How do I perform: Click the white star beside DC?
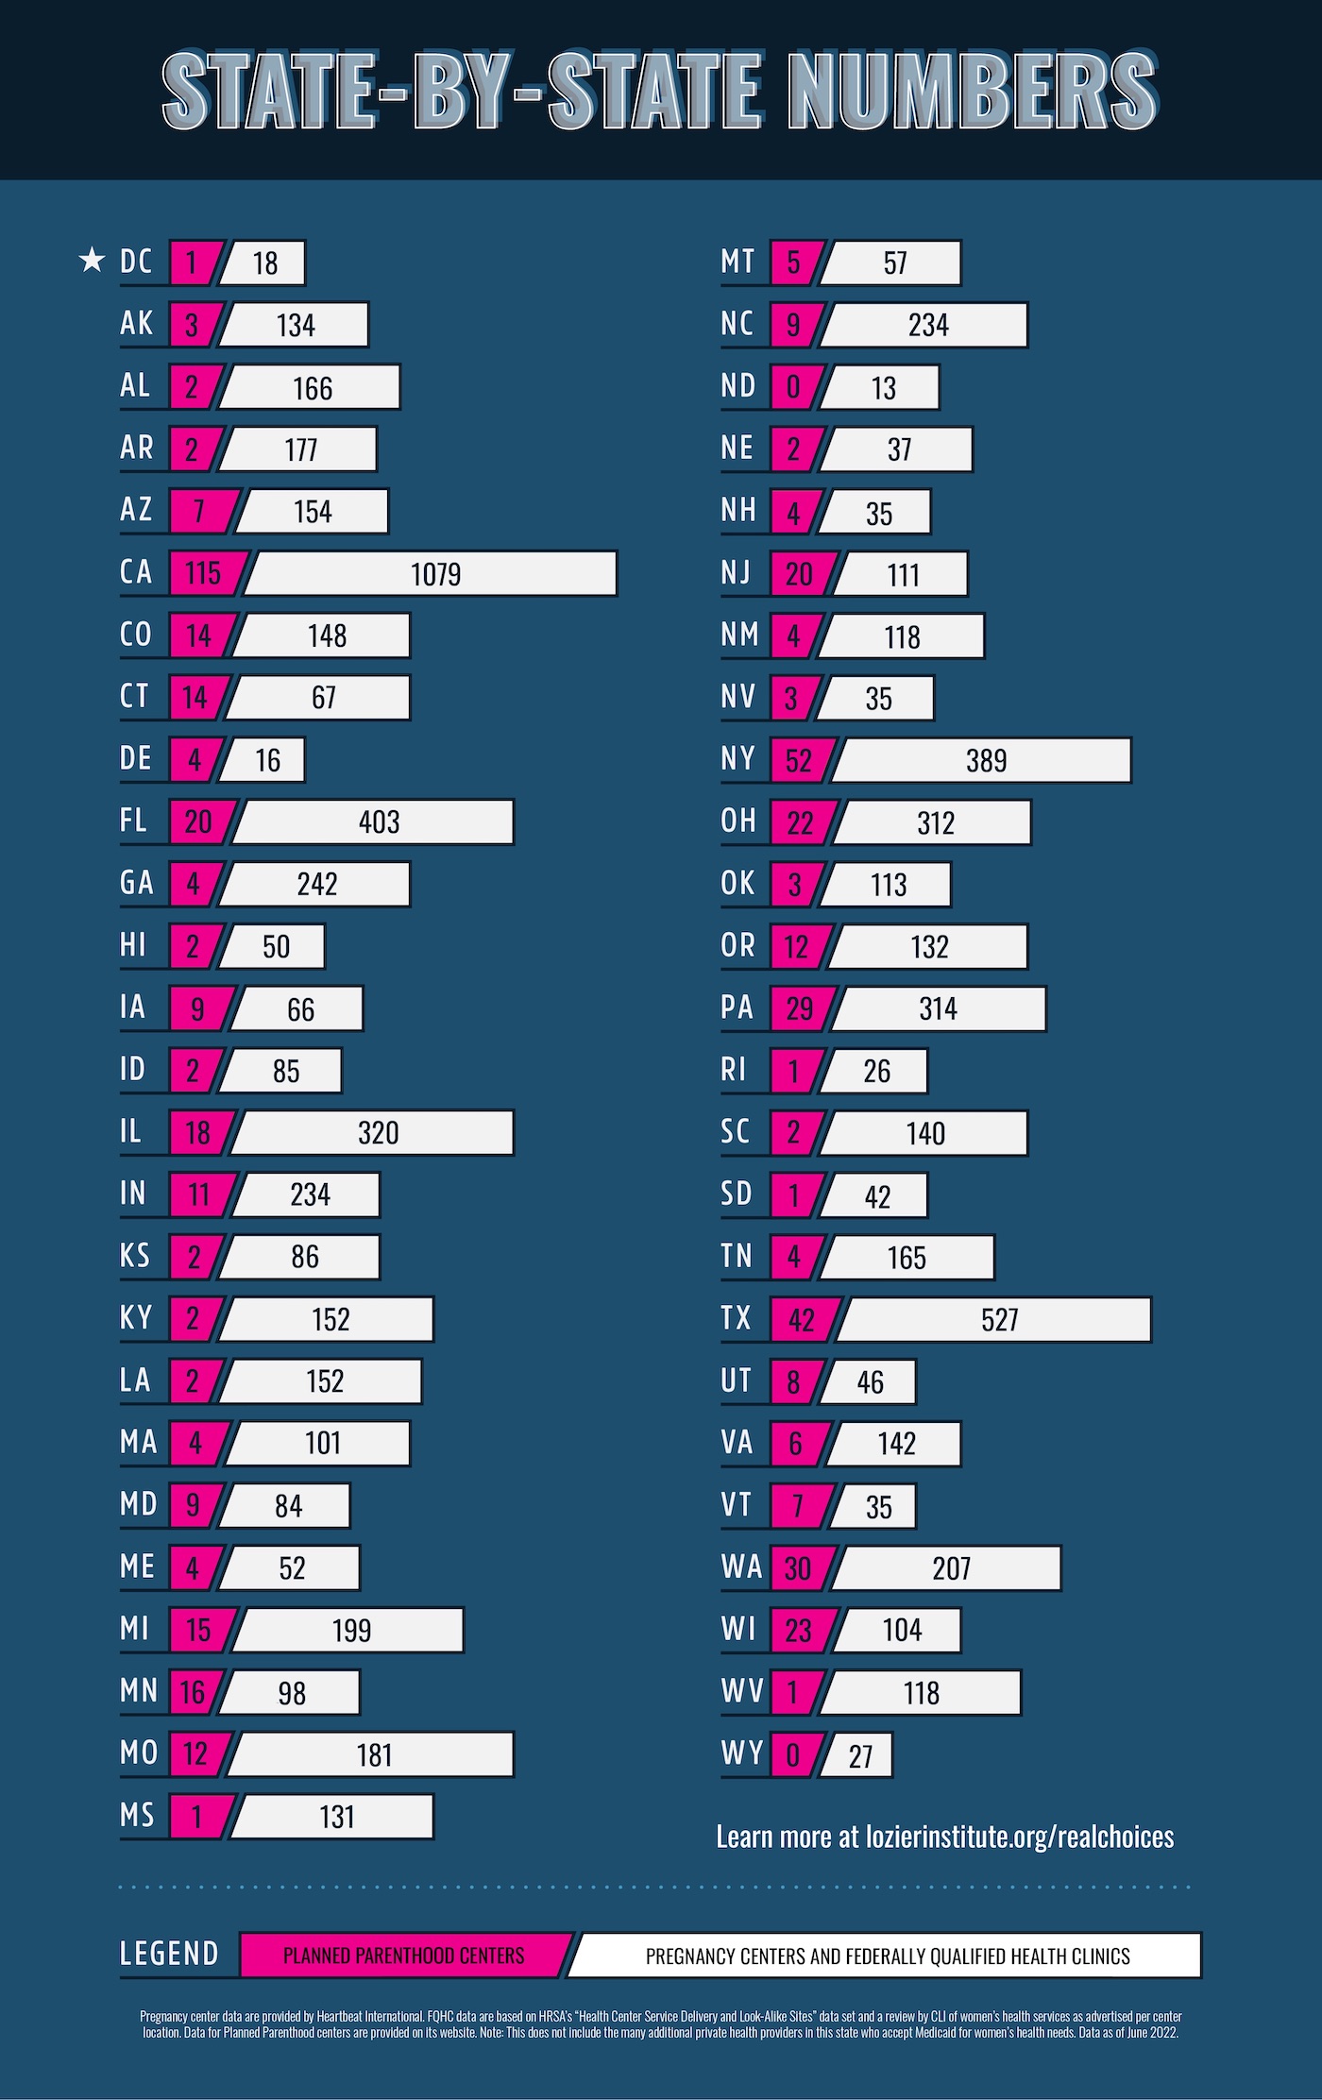92,260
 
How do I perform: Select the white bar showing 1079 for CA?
432,573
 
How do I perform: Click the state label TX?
736,1317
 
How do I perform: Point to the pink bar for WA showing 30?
799,1567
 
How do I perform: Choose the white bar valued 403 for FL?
376,821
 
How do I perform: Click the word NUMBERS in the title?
973,91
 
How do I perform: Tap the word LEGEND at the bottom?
169,1954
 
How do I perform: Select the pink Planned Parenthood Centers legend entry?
404,1955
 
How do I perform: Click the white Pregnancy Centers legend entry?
887,1956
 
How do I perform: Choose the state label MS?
137,1814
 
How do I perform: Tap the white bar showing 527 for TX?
996,1319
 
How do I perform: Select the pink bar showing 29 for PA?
799,1008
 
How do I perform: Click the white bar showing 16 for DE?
265,759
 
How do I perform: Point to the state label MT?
737,261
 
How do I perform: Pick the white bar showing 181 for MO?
372,1754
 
